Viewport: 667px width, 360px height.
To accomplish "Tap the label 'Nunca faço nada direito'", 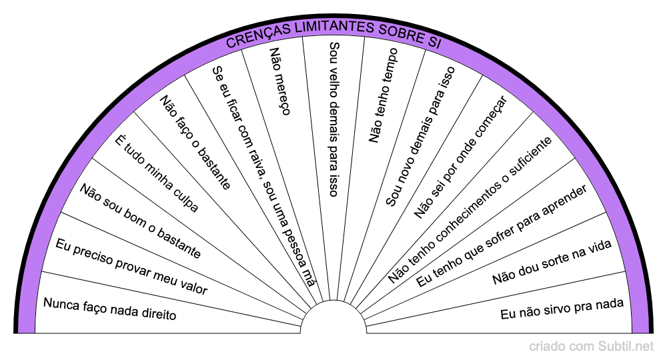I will click(x=110, y=309).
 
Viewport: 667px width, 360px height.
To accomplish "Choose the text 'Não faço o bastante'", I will click(x=195, y=141).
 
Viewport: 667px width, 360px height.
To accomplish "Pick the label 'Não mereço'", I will click(x=279, y=81).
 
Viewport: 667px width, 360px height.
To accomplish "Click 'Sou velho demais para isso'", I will click(x=334, y=119).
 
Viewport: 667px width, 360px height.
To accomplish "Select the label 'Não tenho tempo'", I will click(x=384, y=95).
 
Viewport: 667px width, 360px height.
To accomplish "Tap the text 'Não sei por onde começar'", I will click(x=460, y=157).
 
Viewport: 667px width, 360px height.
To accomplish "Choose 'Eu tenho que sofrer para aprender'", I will click(x=501, y=237).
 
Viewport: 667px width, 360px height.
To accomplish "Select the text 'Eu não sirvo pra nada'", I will click(x=562, y=309).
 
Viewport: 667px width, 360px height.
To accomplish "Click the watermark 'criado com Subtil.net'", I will click(x=592, y=347).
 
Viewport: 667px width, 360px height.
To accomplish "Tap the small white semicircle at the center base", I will click(x=333, y=319).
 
